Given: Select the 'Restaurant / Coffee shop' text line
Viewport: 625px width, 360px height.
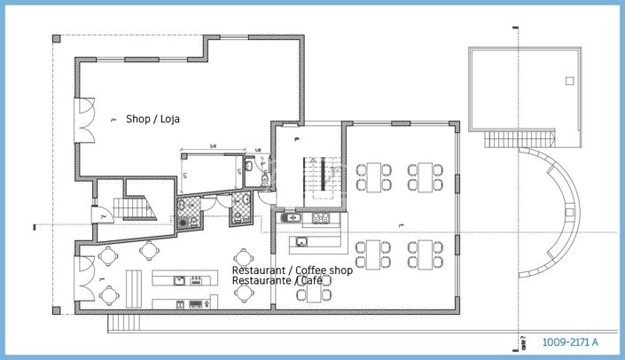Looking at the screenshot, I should point(292,270).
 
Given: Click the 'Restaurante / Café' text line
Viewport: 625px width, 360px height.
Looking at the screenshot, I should point(277,280).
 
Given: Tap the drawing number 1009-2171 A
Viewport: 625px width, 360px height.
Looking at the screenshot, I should point(570,341).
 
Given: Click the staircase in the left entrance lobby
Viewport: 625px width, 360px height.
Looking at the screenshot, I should point(139,207).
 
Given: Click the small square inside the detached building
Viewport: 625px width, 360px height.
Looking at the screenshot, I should point(566,82).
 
